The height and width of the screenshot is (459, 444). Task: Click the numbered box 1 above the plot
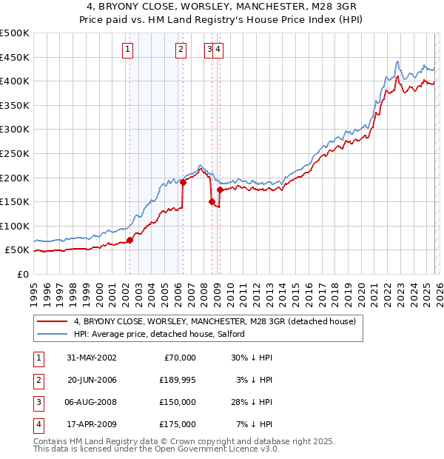[x=128, y=50]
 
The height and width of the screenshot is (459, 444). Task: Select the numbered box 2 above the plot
[x=181, y=50]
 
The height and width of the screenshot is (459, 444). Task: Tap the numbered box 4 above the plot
[x=220, y=50]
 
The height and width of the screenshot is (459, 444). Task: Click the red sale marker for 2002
[x=130, y=240]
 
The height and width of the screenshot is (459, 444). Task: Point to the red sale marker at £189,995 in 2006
[x=183, y=182]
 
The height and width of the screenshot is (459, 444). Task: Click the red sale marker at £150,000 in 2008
[x=212, y=201]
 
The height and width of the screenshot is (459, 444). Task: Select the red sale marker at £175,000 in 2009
[x=220, y=190]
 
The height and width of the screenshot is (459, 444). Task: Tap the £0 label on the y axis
[x=22, y=274]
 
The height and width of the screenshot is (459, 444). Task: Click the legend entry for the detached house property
[x=215, y=322]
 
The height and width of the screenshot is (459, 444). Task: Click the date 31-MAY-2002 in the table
[x=91, y=358]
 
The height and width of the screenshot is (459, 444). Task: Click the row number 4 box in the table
[x=38, y=424]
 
